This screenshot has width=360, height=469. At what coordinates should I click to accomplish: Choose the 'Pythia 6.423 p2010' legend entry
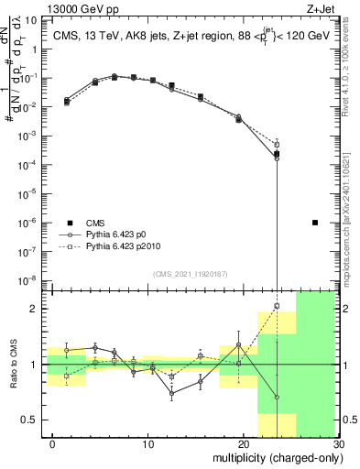pos(114,247)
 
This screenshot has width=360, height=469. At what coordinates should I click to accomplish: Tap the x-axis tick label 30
pos(337,444)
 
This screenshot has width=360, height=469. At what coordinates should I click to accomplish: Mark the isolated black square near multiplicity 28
pos(315,223)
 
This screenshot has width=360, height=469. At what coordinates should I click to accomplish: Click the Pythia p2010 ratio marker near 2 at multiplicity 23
pos(277,306)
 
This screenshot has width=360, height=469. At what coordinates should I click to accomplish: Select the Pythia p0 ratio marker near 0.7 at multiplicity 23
pos(277,398)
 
